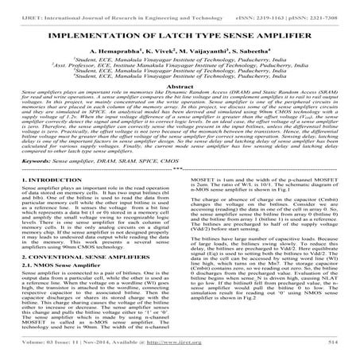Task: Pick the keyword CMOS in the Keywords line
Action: click(151, 183)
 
